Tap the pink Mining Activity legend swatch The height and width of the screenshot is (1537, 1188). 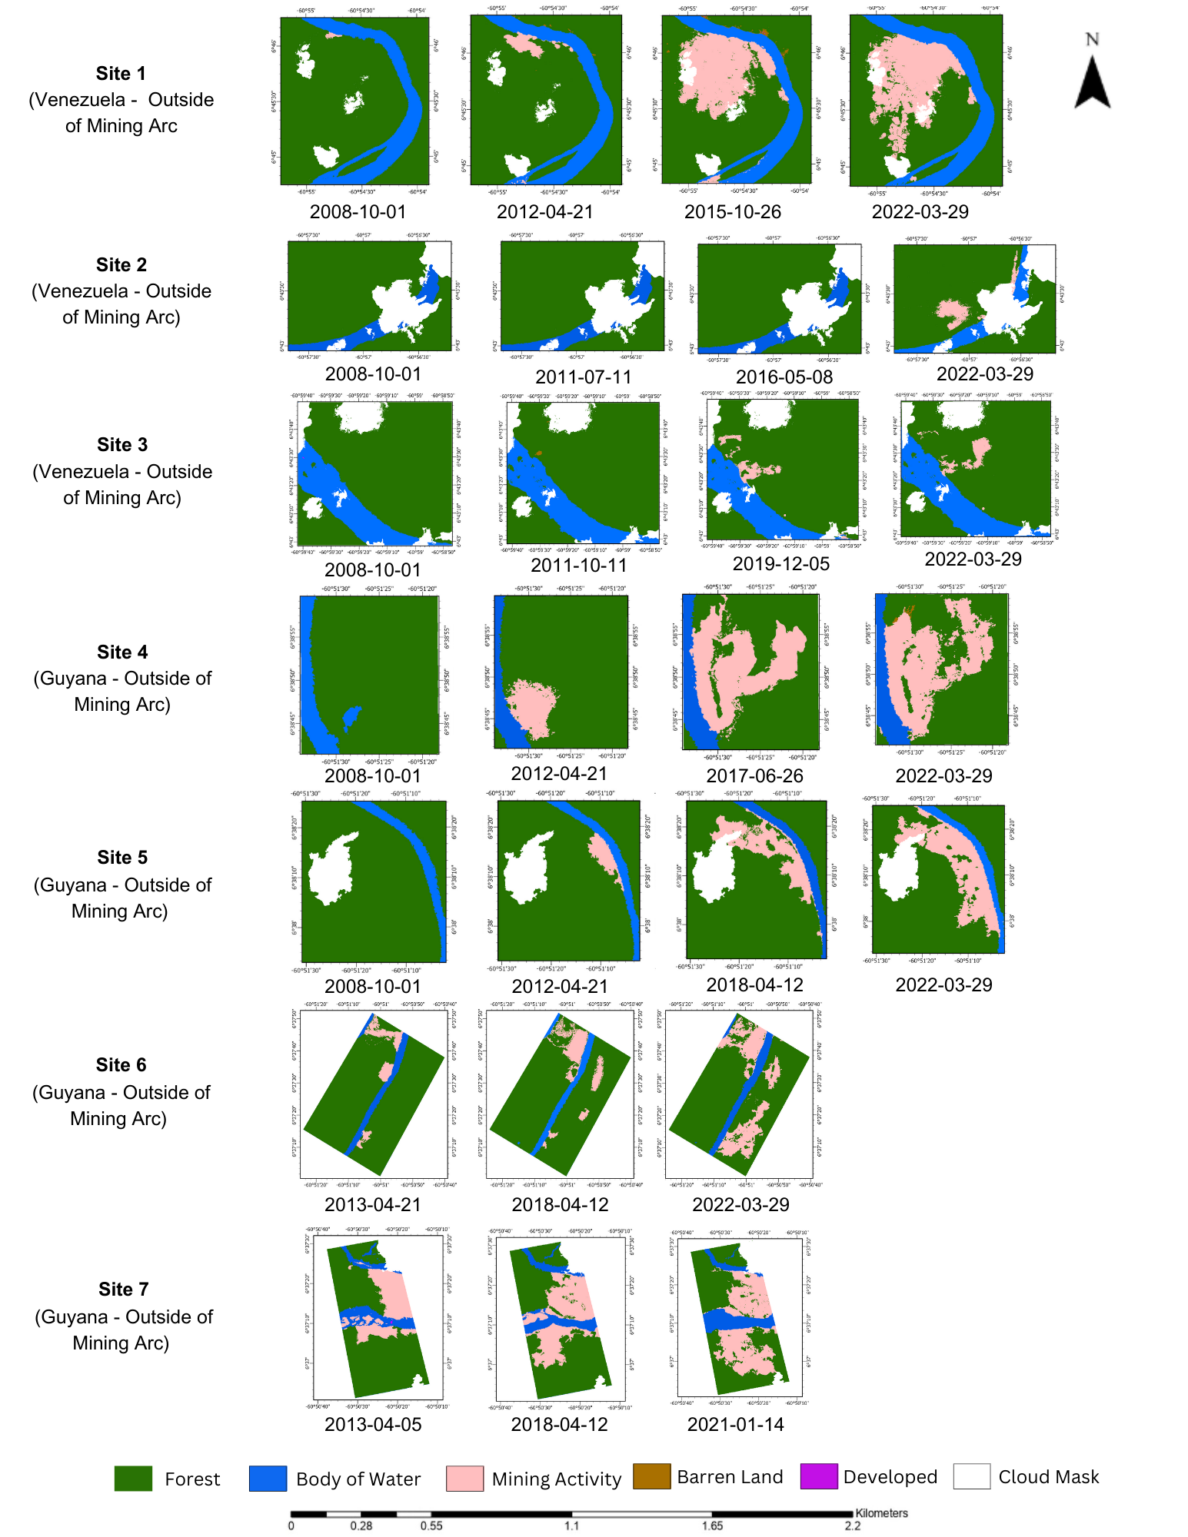point(464,1478)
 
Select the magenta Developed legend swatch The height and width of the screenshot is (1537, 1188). point(818,1476)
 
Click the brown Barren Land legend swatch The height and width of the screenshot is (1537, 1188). point(651,1476)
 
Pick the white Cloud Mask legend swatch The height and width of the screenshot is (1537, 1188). point(971,1476)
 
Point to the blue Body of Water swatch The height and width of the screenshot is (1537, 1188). point(268,1478)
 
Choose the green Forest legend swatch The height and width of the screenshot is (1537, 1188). point(133,1478)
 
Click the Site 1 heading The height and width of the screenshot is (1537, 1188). point(121,74)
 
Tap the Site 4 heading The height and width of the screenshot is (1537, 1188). point(122,652)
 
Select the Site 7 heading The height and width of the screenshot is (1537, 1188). point(123,1289)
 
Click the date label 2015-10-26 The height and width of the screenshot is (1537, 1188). point(732,212)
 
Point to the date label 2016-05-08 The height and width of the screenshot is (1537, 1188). point(784,377)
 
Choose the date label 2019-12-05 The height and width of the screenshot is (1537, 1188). point(780,564)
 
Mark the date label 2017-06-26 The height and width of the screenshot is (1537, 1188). point(754,776)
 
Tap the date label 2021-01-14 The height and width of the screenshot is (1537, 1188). point(735,1424)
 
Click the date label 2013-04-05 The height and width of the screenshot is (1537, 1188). point(373,1424)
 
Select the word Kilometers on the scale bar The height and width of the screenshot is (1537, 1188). point(881,1512)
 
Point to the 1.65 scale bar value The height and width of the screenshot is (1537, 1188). point(712,1525)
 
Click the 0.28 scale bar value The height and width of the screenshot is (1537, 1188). point(361,1525)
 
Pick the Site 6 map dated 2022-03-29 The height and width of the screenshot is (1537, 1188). point(739,1094)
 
